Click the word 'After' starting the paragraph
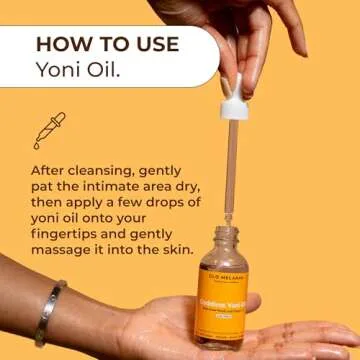coord(51,171)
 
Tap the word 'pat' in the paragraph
coord(45,190)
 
